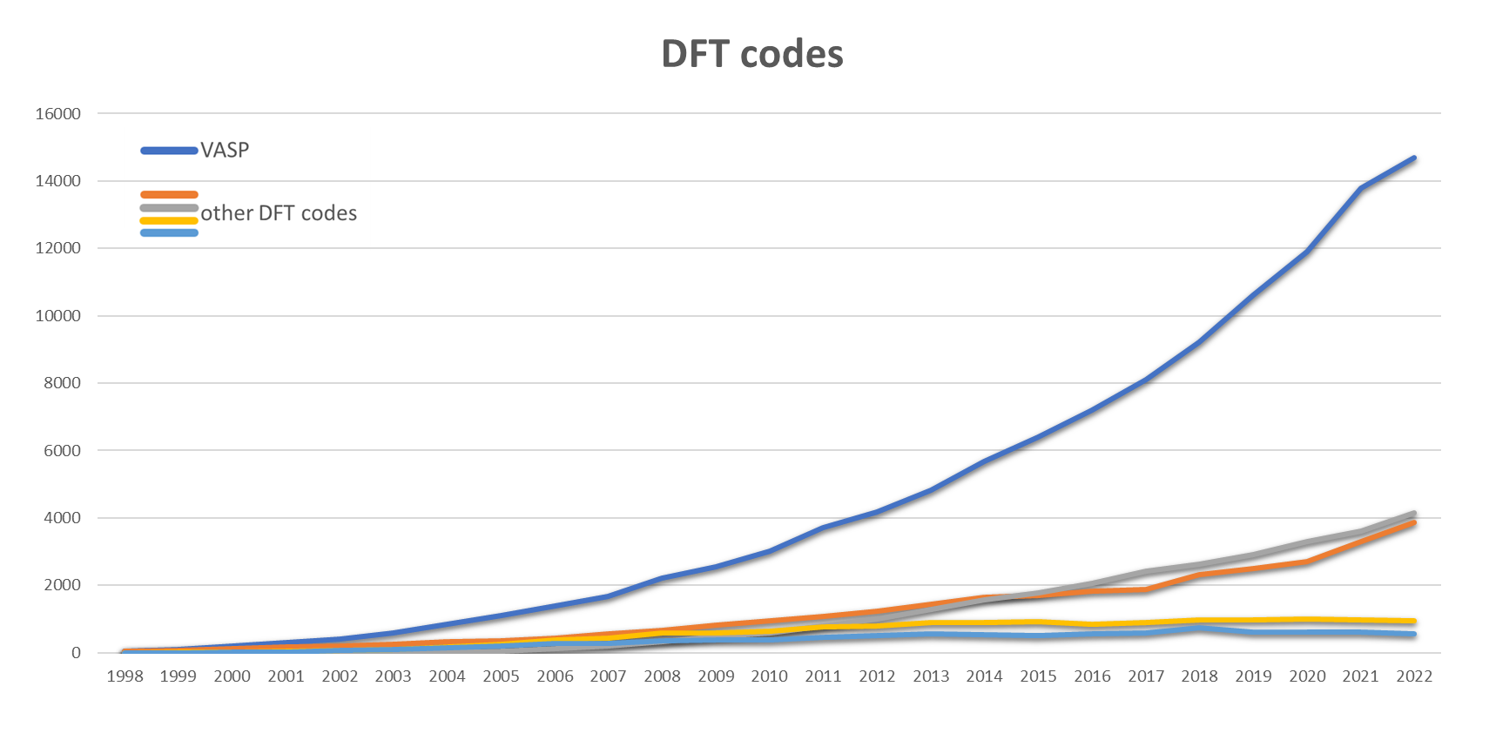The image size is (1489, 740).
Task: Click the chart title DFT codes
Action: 751,53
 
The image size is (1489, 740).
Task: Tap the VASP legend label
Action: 225,151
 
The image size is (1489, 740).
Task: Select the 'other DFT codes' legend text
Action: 279,212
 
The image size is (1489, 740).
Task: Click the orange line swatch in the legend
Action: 170,195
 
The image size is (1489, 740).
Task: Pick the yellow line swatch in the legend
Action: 170,221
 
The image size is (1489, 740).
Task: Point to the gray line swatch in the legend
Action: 170,208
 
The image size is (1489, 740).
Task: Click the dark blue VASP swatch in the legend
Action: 170,151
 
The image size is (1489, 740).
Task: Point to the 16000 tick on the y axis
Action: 57,114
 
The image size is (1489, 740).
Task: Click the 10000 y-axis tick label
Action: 57,316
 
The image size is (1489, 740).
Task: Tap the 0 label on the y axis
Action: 76,653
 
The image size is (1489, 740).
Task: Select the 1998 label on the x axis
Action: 125,676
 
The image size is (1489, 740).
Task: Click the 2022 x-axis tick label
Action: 1414,676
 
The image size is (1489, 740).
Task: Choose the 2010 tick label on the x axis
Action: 769,676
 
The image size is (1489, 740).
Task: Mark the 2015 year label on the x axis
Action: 1038,676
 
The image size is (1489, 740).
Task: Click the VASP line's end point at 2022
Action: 1414,158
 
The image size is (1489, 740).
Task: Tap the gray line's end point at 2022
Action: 1414,514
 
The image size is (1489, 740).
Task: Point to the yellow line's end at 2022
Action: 1414,621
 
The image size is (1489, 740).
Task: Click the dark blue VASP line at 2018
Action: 1199,342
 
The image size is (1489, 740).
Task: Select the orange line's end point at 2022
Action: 1414,523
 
